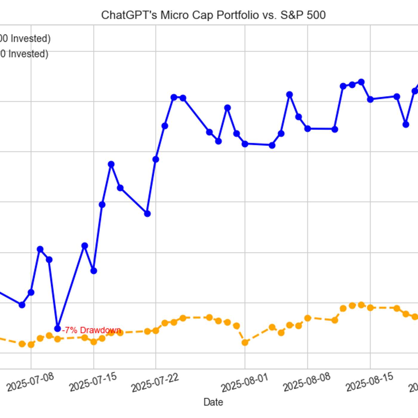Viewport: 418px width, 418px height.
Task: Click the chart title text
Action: tap(213, 15)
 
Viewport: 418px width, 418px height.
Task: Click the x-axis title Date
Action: tap(213, 402)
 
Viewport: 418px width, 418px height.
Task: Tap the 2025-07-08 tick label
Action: tap(30, 382)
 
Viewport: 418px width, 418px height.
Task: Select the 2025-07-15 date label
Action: tap(93, 382)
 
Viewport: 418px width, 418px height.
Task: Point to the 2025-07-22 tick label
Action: tap(155, 382)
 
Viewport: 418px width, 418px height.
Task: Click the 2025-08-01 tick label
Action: tap(245, 382)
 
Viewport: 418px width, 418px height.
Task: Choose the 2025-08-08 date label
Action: tap(307, 382)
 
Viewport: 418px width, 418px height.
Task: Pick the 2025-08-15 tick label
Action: tap(369, 382)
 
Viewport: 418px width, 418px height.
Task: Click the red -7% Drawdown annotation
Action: tap(91, 330)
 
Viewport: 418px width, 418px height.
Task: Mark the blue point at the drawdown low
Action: tap(58, 328)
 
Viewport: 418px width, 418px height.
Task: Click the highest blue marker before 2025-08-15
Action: tap(361, 82)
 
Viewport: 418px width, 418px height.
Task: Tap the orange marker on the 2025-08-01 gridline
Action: tap(245, 342)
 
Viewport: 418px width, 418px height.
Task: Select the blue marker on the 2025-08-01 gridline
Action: tap(245, 144)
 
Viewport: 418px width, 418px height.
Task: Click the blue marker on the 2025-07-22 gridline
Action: tap(156, 159)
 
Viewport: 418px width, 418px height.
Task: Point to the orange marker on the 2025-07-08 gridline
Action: tap(31, 345)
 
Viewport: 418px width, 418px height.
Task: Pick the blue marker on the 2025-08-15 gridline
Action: tap(370, 99)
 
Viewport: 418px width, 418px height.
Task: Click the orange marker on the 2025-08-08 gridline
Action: tap(308, 318)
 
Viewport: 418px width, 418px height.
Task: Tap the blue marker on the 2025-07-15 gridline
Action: tap(93, 271)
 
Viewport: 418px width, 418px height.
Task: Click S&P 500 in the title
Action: tap(303, 15)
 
